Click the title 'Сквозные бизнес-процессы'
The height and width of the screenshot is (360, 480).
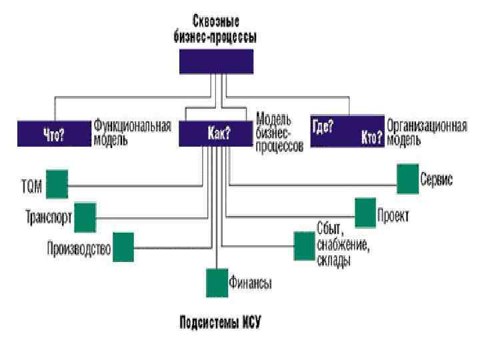(217, 28)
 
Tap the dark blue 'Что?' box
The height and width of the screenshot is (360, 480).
(54, 133)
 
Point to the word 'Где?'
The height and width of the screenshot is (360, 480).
(323, 124)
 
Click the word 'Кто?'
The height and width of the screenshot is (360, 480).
(371, 138)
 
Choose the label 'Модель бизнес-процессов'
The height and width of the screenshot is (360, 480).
(279, 133)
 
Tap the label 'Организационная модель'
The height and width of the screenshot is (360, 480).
(427, 133)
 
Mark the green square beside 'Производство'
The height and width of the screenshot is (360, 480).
(123, 247)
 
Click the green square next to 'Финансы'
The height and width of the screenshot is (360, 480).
(217, 283)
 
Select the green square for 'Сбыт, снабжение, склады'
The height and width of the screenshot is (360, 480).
(304, 246)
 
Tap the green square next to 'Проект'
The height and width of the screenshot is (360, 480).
(365, 213)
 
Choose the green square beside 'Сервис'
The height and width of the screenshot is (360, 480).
(407, 179)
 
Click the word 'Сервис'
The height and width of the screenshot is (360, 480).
(436, 180)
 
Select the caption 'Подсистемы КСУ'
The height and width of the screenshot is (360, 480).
(221, 323)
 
